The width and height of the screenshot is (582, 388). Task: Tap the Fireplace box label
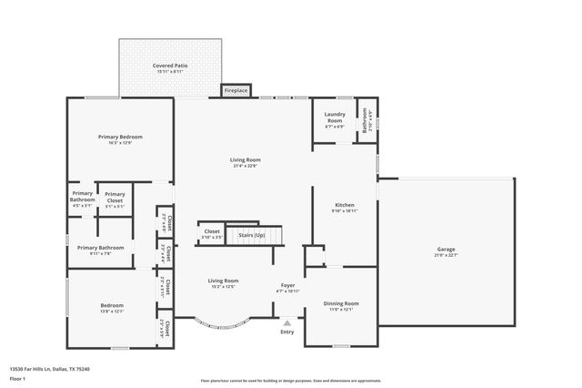click(x=236, y=91)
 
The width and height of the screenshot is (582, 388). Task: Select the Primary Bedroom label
click(x=120, y=137)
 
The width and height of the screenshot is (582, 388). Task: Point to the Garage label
click(x=446, y=249)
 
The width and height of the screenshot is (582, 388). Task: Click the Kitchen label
click(x=345, y=205)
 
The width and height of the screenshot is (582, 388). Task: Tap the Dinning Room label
click(x=341, y=302)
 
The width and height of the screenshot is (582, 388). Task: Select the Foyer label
click(x=287, y=286)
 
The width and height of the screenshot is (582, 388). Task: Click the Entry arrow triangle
click(x=287, y=322)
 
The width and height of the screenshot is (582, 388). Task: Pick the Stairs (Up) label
click(x=252, y=235)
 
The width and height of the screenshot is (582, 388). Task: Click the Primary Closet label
click(x=115, y=197)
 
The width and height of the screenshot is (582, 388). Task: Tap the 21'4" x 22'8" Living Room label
click(x=246, y=159)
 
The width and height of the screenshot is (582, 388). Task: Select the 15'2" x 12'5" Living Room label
click(x=223, y=281)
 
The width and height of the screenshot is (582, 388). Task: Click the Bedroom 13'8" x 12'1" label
click(x=112, y=305)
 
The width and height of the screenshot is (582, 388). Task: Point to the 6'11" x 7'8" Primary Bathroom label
click(x=100, y=248)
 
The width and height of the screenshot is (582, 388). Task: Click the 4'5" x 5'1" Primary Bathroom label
click(x=82, y=197)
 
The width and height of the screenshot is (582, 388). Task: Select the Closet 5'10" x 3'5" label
click(x=211, y=232)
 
